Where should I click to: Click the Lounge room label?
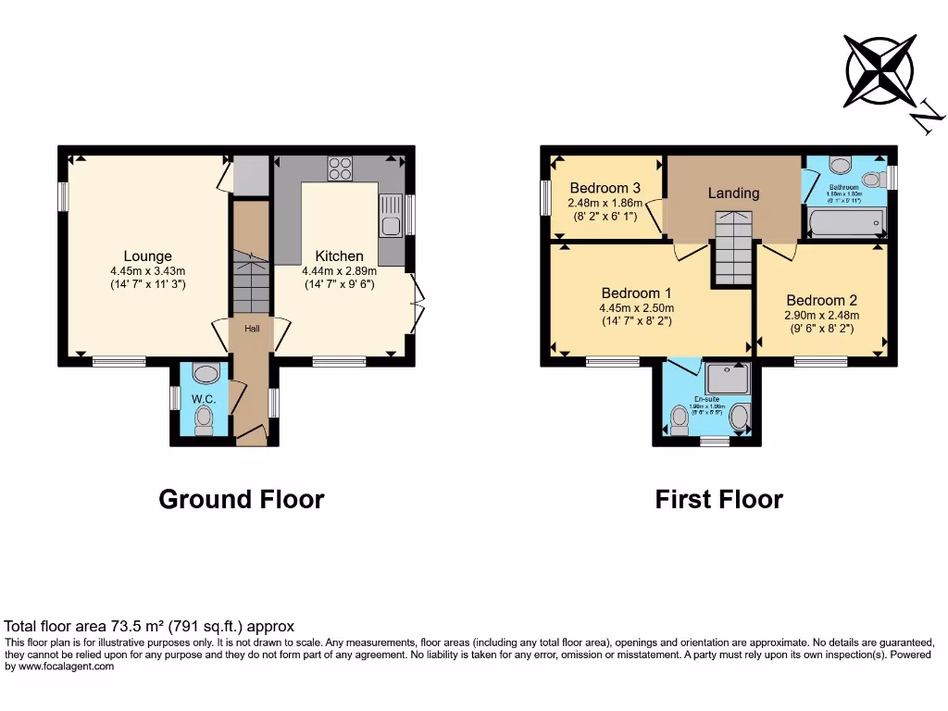148,256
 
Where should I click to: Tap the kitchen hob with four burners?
340,168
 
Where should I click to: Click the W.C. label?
204,399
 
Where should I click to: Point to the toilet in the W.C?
205,422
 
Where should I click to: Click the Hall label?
252,329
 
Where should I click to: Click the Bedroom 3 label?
605,188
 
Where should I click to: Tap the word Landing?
733,193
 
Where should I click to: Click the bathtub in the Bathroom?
846,222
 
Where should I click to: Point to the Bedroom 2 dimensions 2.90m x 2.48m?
821,315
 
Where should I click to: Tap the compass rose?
879,70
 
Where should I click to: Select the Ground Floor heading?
242,499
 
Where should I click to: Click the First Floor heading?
719,499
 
